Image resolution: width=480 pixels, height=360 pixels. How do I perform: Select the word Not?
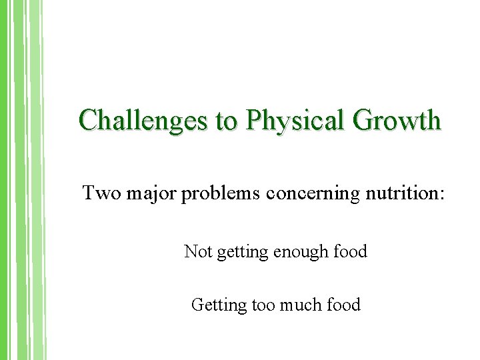197,251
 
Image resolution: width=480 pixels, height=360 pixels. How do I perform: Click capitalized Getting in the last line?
219,305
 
